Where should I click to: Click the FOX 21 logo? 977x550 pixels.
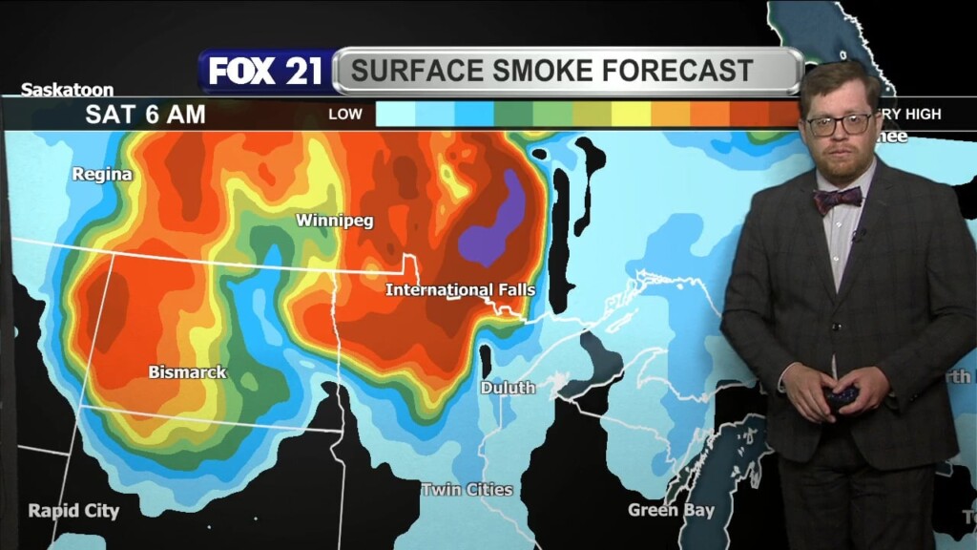tap(265, 72)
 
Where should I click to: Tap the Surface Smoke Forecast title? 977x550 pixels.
tap(551, 71)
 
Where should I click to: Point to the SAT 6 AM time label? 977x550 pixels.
tap(145, 115)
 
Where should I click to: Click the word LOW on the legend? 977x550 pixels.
tap(345, 115)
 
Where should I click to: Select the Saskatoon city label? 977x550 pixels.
tap(67, 90)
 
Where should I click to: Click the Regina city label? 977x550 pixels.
tap(102, 175)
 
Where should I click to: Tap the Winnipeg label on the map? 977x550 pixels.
tap(334, 221)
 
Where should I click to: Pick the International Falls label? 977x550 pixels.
tap(460, 289)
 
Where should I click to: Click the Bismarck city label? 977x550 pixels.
tap(187, 372)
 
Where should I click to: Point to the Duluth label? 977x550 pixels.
tap(507, 388)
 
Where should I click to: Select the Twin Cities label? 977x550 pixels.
tap(467, 490)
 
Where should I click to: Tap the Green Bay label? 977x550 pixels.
tap(671, 510)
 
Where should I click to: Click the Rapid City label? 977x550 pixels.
tap(73, 511)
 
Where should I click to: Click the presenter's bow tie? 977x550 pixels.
tap(837, 200)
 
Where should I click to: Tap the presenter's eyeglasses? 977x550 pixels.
tap(839, 124)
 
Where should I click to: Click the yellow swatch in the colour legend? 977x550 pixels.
tap(630, 115)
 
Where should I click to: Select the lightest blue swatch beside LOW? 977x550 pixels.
tap(395, 115)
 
